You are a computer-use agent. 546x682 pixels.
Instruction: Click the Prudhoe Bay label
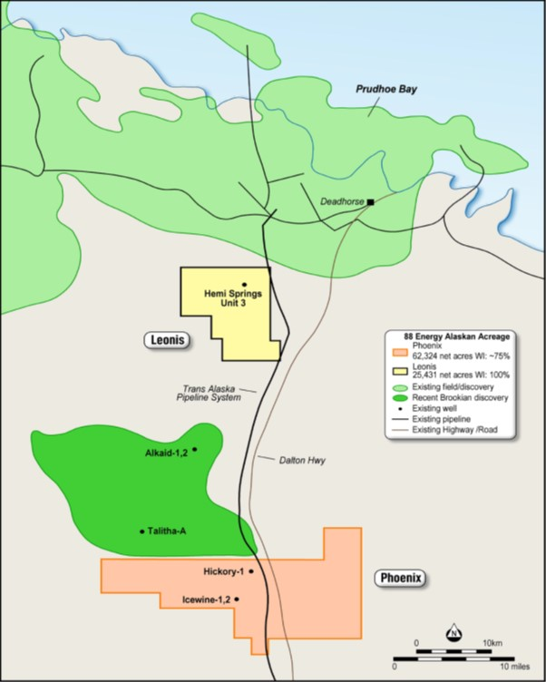[x=385, y=91]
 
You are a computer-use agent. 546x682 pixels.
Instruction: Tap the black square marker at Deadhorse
[x=370, y=201]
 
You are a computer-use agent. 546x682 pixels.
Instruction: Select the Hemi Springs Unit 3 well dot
[x=244, y=285]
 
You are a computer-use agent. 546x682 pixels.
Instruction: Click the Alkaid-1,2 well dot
[x=195, y=449]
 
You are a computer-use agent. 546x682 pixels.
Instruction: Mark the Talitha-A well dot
[x=142, y=531]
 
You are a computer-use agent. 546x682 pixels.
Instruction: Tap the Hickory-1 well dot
[x=251, y=571]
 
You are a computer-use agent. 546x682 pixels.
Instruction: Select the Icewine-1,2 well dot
[x=238, y=599]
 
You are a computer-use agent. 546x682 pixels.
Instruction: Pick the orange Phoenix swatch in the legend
[x=395, y=352]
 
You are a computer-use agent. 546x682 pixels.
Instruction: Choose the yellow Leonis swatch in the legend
[x=395, y=370]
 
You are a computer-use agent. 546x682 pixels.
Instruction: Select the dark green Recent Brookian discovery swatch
[x=395, y=398]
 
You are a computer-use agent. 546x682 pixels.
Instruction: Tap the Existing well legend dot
[x=395, y=408]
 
